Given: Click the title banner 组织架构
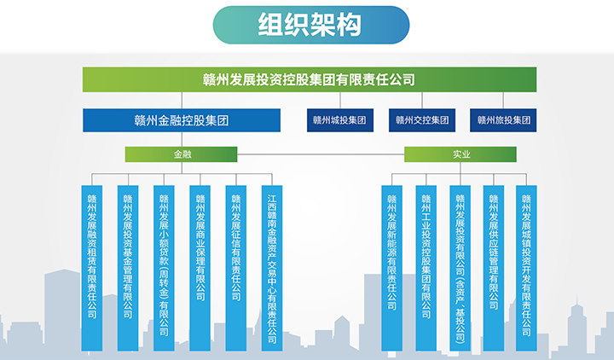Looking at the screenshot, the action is click(x=311, y=25).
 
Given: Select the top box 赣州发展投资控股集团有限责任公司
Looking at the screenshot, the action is click(x=310, y=79).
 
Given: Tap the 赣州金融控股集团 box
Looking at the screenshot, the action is click(x=182, y=120).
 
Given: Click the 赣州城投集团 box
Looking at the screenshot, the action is click(x=340, y=120).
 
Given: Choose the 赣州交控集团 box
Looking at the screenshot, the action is click(x=422, y=120).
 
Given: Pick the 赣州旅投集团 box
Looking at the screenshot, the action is click(x=503, y=120).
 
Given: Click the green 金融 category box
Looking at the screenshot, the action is click(x=181, y=154).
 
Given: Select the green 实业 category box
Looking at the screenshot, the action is click(x=460, y=154).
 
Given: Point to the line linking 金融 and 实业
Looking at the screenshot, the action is click(x=321, y=154).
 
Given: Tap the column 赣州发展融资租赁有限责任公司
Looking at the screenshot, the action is click(x=91, y=269).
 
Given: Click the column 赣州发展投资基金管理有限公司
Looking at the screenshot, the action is click(x=128, y=269).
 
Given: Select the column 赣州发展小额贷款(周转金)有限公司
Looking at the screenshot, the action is click(x=164, y=269).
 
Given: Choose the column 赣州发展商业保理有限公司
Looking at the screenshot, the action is click(x=200, y=269).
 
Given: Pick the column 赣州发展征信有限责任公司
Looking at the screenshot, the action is click(x=236, y=269).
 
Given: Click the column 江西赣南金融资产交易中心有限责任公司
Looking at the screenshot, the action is click(x=272, y=269).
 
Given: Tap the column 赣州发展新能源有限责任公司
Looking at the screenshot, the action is click(x=392, y=269).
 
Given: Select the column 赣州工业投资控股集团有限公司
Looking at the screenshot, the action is click(x=426, y=269).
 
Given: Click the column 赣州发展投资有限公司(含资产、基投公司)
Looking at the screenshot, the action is click(x=460, y=269).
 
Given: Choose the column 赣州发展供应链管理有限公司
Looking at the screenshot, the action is click(x=494, y=269).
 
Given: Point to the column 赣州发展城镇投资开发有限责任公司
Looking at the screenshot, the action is click(x=526, y=269).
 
